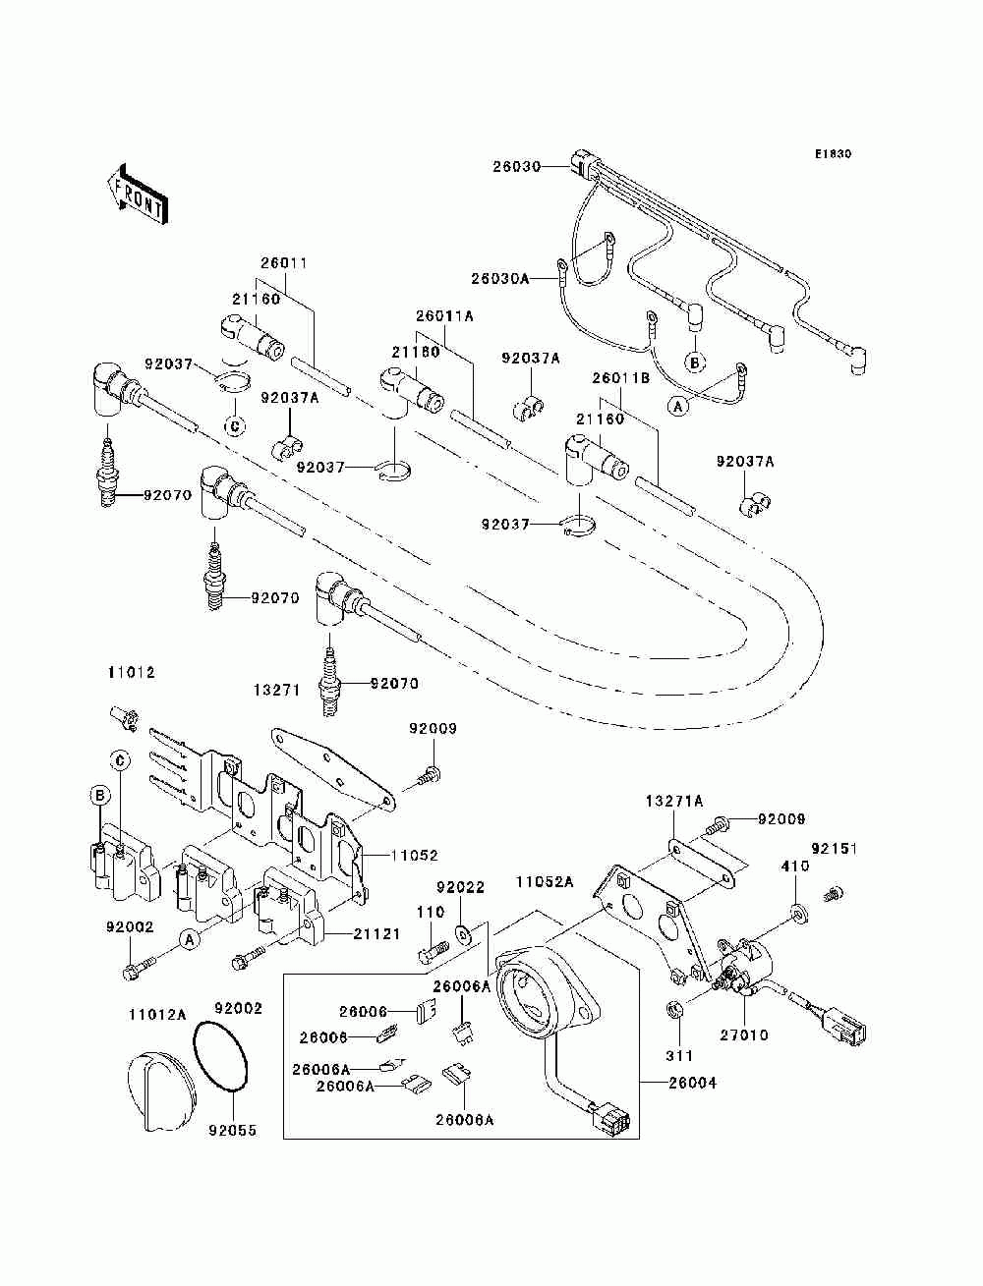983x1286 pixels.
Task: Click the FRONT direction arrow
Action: point(138,194)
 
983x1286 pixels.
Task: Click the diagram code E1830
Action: point(833,154)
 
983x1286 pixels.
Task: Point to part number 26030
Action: point(516,166)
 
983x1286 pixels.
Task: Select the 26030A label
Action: point(500,279)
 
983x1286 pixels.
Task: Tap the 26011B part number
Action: point(620,378)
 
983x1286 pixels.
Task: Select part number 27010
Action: point(744,1035)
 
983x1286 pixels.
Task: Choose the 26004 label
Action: point(692,1084)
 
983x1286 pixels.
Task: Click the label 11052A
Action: point(545,882)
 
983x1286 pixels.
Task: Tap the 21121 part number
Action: point(376,934)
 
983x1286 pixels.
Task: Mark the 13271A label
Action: point(674,801)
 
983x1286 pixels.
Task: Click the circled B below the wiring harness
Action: point(695,363)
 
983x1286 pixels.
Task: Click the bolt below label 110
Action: point(434,951)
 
